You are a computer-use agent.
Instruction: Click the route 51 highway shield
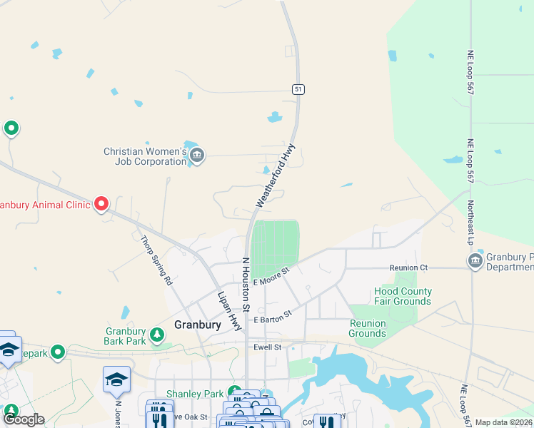(298, 88)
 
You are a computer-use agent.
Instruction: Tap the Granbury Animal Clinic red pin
(101, 204)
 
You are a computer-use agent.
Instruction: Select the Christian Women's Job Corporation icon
(198, 154)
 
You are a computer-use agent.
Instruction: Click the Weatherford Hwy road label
(276, 176)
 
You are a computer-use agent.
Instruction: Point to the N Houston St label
(245, 285)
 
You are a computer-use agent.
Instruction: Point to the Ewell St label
(268, 347)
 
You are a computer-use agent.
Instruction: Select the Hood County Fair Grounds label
(403, 296)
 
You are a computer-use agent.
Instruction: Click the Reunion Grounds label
(367, 328)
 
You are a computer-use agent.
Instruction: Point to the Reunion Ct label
(408, 267)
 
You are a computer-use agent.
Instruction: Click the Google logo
(24, 419)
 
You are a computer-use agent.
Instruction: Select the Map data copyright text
(503, 422)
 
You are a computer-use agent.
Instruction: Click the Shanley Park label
(196, 394)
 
